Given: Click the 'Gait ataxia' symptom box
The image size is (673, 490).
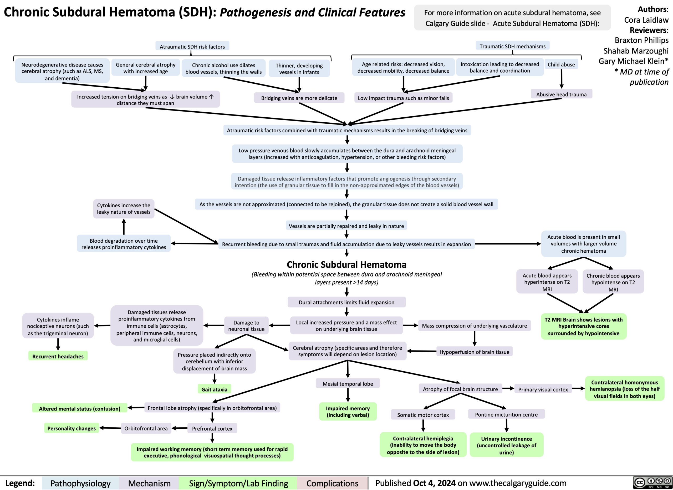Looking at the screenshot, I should [214, 389].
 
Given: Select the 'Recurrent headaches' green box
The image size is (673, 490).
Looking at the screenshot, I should [58, 356].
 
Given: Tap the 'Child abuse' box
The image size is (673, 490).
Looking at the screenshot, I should [561, 64].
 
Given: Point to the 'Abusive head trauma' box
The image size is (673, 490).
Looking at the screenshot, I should [561, 94].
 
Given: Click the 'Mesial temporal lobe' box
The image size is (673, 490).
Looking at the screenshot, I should [348, 384].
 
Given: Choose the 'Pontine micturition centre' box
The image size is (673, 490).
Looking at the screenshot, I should [506, 414].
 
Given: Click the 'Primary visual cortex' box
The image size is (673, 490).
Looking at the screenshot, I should [543, 389].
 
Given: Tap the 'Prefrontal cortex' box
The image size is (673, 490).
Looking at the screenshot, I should [212, 428].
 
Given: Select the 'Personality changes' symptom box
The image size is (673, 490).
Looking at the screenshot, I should [72, 428].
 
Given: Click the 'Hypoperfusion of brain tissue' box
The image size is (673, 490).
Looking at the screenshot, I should [474, 352].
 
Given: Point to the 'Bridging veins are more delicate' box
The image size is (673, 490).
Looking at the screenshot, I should [299, 98].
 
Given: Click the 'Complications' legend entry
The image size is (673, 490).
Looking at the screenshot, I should [332, 483].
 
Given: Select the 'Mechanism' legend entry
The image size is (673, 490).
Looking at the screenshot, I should [149, 483].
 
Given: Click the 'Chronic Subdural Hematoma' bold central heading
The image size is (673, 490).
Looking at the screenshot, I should [346, 264].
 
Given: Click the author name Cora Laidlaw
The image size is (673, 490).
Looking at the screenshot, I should [646, 20].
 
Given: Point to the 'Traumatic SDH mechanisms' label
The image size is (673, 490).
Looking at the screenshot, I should [512, 46].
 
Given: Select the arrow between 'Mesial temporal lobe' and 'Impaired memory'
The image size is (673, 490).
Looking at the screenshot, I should [348, 395].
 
